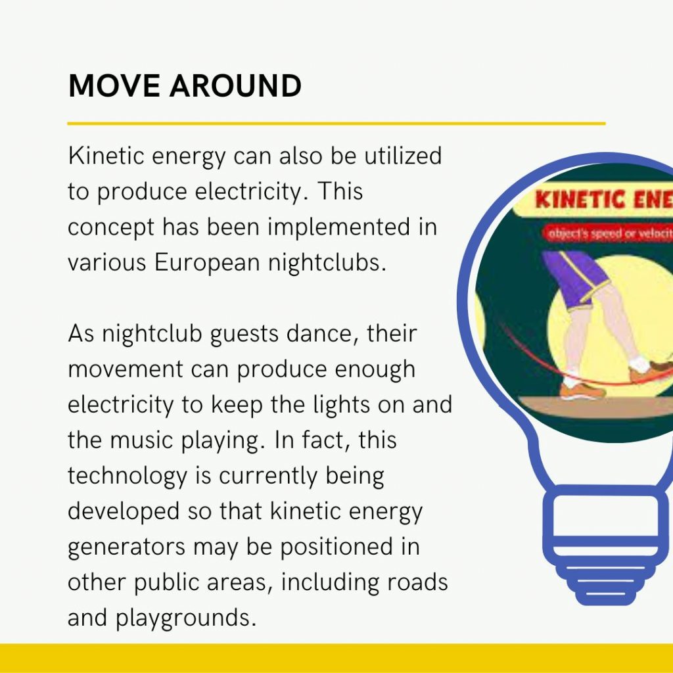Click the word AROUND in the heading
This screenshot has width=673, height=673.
[236, 86]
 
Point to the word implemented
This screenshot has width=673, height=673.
[338, 227]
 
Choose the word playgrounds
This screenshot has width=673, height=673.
[186, 618]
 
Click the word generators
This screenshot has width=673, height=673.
[127, 547]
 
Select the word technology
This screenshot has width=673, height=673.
[128, 476]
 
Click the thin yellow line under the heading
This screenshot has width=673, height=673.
[336, 124]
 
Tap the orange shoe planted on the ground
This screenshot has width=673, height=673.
[582, 390]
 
